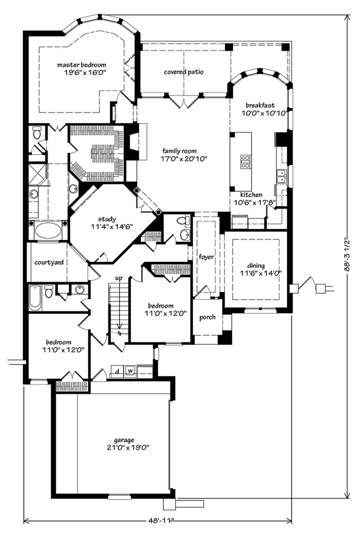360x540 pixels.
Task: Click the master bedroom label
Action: pyautogui.click(x=81, y=65)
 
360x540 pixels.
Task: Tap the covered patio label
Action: pyautogui.click(x=184, y=72)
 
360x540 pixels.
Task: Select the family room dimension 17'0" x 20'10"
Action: pyautogui.click(x=179, y=158)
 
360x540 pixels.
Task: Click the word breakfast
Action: pyautogui.click(x=260, y=105)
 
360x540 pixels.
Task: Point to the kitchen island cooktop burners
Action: pyautogui.click(x=246, y=161)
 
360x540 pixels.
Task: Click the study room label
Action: pyautogui.click(x=107, y=219)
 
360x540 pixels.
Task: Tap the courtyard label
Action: pyautogui.click(x=49, y=263)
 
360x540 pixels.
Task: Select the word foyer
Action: pyautogui.click(x=206, y=257)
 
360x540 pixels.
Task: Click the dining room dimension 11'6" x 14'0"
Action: pyautogui.click(x=256, y=273)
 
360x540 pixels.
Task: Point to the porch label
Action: pyautogui.click(x=208, y=317)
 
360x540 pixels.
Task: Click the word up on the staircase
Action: pyautogui.click(x=119, y=278)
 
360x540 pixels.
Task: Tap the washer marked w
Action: pyautogui.click(x=130, y=370)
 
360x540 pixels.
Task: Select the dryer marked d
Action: pyautogui.click(x=117, y=371)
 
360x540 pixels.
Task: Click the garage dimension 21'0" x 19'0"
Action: pyautogui.click(x=124, y=448)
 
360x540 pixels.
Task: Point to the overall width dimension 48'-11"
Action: pyautogui.click(x=159, y=521)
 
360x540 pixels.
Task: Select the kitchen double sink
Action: pyautogui.click(x=281, y=176)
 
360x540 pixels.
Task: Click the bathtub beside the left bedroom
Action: pyautogui.click(x=35, y=298)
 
